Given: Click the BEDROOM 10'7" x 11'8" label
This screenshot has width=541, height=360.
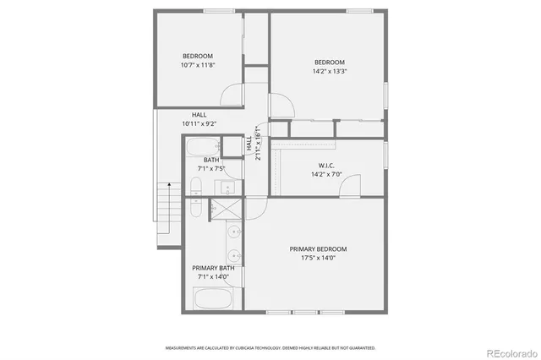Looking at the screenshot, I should coord(197,61).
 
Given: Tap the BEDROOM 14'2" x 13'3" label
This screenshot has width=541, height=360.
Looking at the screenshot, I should coord(330,67).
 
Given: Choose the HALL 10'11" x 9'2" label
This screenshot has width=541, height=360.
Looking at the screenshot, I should coord(199,119).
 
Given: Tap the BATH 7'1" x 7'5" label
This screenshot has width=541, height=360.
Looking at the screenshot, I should coord(210,164).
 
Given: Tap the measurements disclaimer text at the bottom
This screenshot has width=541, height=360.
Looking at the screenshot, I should coord(270,347).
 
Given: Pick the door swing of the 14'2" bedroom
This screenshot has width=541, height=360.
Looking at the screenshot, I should coord(283,106).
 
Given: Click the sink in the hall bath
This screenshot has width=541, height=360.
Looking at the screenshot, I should coord(218,147).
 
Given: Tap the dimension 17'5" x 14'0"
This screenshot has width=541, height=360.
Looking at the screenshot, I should coord(319,259).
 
